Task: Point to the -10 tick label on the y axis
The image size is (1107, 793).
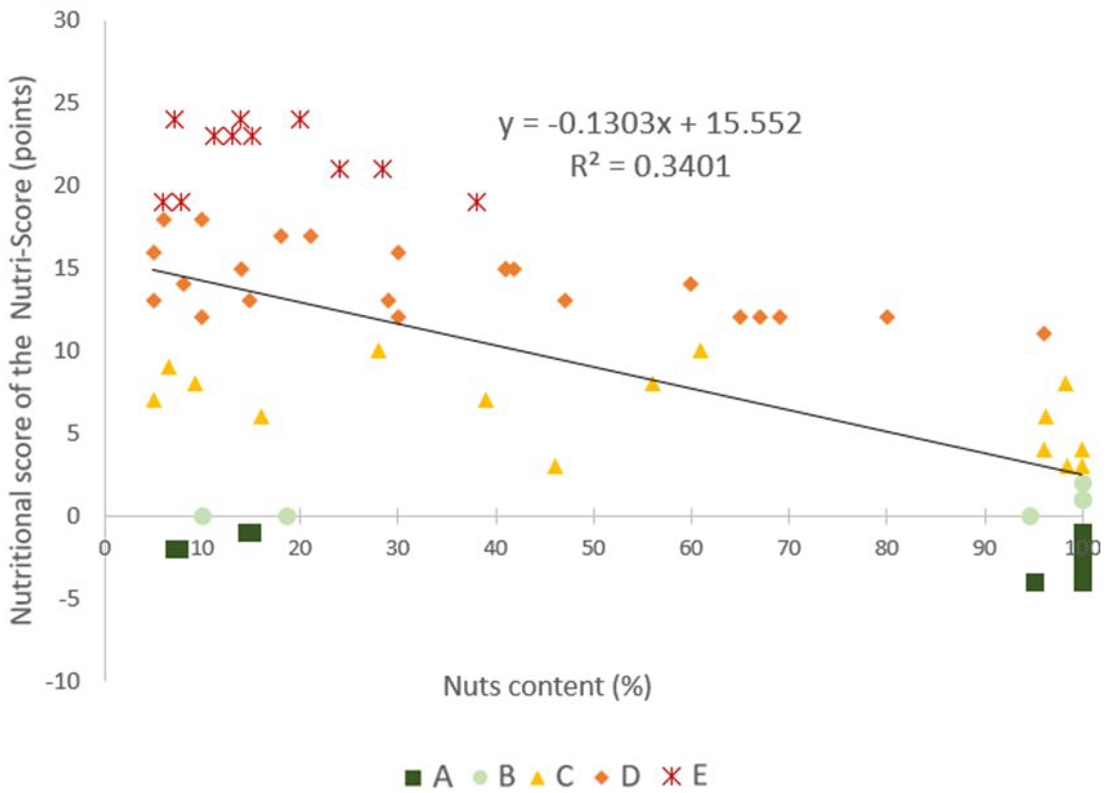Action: pos(63,681)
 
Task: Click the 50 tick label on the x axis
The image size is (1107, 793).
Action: pos(594,548)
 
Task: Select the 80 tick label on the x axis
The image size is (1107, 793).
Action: pos(886,548)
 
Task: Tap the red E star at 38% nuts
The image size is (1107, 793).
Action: pos(477,202)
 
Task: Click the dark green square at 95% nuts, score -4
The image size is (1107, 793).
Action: pos(1035,582)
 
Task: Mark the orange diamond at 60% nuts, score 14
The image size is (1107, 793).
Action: pos(691,284)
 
